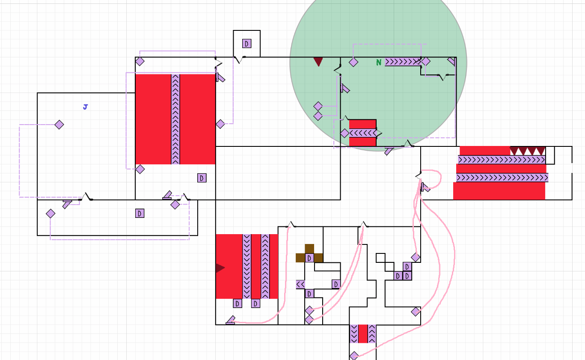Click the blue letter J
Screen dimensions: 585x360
coord(85,107)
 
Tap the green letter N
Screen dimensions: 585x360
coord(379,62)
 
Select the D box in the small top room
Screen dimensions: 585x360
coord(247,44)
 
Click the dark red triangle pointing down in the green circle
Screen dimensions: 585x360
coord(318,62)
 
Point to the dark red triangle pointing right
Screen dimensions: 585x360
coord(220,268)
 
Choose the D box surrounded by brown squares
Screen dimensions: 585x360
coord(309,258)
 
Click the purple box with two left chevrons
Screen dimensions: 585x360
coord(300,284)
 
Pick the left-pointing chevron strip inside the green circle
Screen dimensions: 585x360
coord(363,133)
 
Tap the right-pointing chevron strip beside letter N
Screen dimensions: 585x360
coord(403,62)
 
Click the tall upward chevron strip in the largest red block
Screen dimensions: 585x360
coord(175,119)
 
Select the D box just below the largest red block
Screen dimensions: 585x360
coord(202,178)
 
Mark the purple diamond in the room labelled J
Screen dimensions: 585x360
coord(59,125)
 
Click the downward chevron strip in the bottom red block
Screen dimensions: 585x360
coord(247,267)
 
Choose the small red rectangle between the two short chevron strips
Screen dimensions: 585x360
coord(363,333)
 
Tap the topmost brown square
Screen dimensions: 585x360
coord(309,249)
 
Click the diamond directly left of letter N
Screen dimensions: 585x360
coord(353,62)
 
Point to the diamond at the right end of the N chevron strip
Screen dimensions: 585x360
coord(426,62)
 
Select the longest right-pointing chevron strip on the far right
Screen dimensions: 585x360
coord(502,178)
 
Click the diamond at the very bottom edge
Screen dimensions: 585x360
coord(354,356)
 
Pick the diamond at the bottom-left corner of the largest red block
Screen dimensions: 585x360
coord(140,169)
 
